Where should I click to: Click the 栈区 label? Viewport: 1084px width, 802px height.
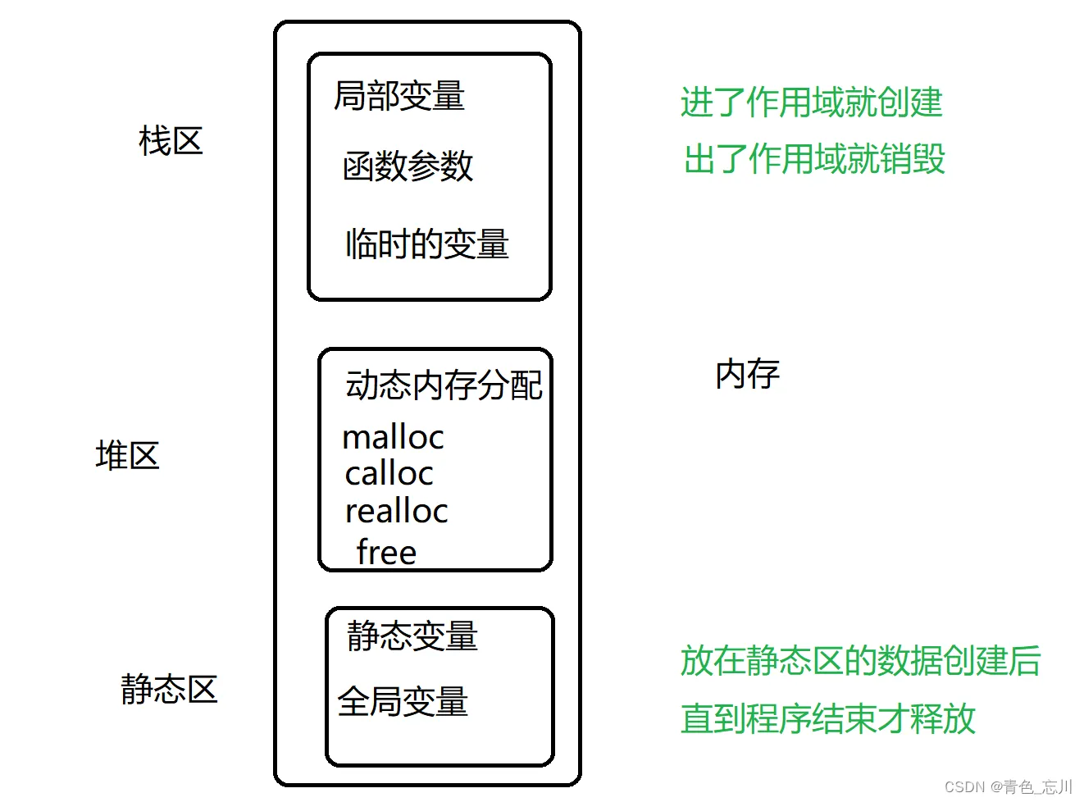coord(171,141)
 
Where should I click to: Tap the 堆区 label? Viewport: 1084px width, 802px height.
coord(127,455)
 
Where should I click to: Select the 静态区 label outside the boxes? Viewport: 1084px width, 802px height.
coord(169,689)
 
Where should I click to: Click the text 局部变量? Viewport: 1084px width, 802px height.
coord(399,96)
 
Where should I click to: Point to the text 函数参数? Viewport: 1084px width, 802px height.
coord(408,166)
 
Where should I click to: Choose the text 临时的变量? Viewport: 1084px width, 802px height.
coord(426,244)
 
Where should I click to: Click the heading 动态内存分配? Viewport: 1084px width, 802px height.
coord(444,385)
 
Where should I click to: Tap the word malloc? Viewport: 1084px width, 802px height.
coord(393,437)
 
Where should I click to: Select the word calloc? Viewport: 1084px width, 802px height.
coord(389,473)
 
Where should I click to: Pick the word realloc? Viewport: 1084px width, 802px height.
coord(396,511)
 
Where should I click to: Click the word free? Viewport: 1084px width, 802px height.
coord(386,552)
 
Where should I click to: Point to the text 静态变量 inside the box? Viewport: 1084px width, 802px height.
coord(412,636)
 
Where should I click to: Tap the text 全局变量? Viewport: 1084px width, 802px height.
coord(403,702)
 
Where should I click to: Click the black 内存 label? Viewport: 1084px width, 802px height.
coord(747,374)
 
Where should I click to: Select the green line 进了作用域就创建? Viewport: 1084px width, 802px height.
coord(811,103)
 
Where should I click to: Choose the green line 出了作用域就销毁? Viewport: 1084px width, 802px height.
coord(814,158)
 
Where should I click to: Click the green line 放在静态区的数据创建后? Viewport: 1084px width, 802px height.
coord(860,661)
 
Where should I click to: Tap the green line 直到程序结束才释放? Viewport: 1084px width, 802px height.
coord(827,719)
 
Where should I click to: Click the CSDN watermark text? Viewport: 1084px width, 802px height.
coord(1008,786)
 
